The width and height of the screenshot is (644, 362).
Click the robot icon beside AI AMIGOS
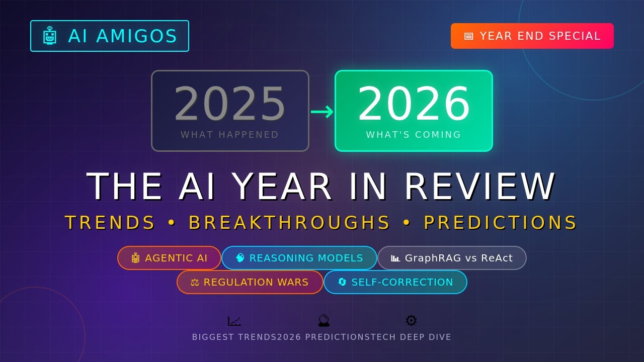click(49, 36)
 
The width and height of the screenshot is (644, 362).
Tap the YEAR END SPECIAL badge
click(532, 36)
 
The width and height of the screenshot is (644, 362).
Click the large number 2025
click(230, 105)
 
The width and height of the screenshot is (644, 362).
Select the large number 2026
click(414, 105)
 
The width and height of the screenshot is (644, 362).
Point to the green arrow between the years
click(322, 112)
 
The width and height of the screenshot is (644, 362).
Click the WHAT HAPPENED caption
click(229, 135)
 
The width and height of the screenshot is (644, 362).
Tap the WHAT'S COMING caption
click(414, 135)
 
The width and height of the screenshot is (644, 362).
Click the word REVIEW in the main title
click(480, 187)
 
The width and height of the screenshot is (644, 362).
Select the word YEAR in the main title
click(282, 187)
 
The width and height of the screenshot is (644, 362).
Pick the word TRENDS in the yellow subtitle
click(110, 223)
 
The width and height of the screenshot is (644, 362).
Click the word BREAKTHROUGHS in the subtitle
click(289, 223)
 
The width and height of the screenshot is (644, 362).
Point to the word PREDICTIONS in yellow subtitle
click(500, 223)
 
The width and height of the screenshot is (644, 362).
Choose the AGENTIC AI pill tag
click(169, 258)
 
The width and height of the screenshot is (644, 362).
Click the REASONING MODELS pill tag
click(299, 258)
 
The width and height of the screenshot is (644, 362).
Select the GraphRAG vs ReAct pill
click(452, 258)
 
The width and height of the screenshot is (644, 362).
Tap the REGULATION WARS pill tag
click(250, 282)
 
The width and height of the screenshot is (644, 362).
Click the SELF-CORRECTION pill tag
click(395, 282)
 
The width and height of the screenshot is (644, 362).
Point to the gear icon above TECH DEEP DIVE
click(411, 321)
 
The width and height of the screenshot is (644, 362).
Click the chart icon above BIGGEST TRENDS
click(234, 321)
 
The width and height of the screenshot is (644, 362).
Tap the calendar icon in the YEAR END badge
click(469, 36)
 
